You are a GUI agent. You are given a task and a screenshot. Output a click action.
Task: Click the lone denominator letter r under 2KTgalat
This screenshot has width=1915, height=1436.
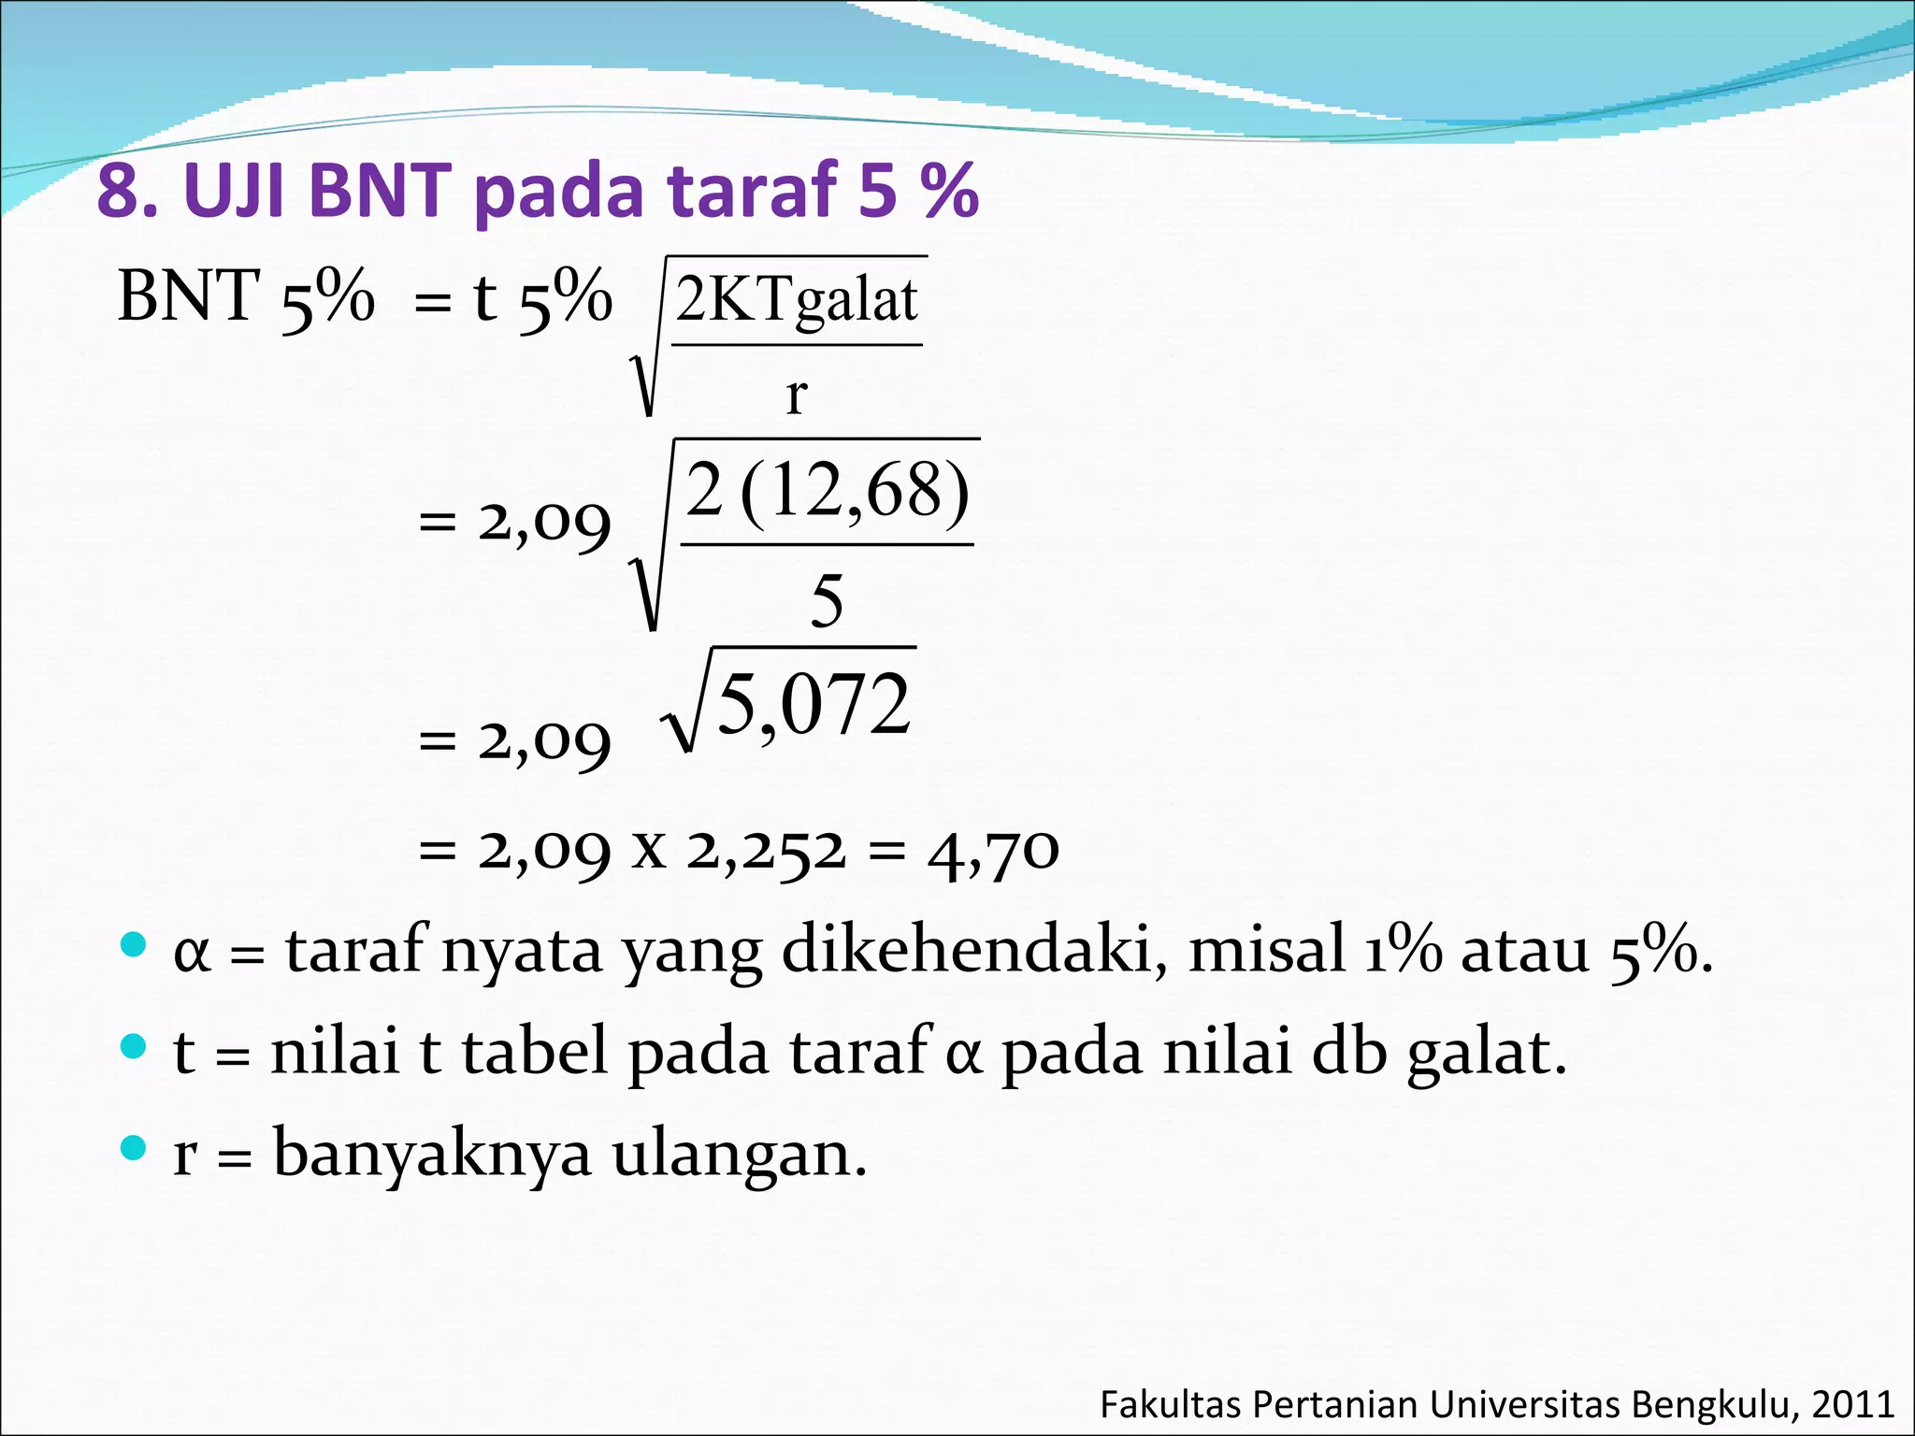(x=796, y=395)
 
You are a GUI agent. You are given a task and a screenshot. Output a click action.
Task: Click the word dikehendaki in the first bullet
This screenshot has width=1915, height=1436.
(x=973, y=952)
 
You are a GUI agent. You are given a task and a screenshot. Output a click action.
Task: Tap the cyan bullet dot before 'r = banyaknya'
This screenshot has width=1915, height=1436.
(x=134, y=1147)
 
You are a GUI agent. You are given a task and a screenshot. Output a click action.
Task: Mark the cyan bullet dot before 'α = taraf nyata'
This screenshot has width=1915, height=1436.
(x=134, y=944)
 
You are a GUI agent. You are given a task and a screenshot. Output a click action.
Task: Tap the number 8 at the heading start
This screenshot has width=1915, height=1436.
(x=119, y=192)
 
